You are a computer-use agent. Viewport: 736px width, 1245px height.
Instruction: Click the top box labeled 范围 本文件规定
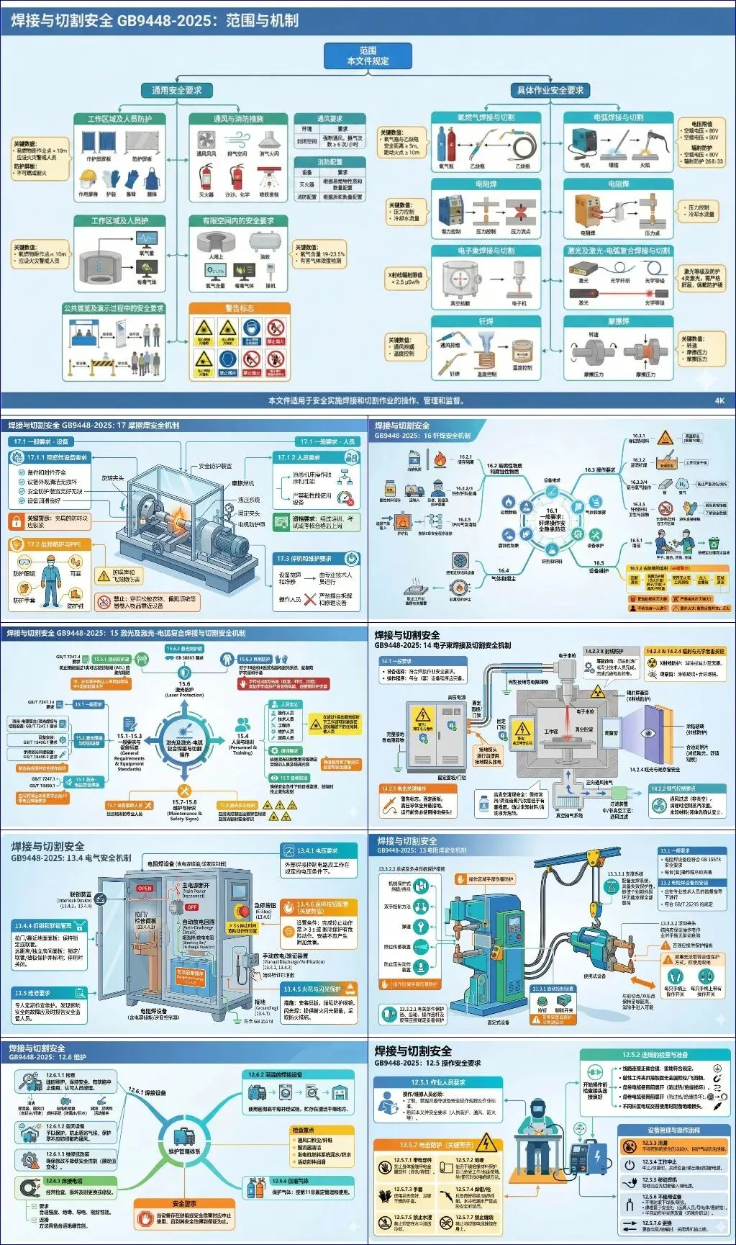368,55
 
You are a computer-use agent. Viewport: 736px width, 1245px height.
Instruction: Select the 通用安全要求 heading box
176,90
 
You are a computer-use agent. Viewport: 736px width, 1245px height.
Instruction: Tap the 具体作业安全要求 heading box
550,90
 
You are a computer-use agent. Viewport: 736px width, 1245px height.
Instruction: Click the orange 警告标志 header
240,308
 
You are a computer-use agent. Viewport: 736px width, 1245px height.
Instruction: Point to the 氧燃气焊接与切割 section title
486,117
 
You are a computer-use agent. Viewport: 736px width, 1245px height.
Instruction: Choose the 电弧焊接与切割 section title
618,117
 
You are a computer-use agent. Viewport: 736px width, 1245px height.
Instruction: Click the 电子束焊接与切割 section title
486,251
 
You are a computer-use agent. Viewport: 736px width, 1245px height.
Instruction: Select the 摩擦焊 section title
618,321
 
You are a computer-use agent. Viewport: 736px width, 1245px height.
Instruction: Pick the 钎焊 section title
486,321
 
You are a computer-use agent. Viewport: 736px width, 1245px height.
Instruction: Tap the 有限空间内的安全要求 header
238,220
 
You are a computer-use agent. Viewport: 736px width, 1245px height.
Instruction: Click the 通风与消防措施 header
238,119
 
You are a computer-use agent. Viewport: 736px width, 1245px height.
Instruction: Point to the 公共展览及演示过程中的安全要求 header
114,308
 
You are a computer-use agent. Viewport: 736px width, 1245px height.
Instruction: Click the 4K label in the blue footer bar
719,400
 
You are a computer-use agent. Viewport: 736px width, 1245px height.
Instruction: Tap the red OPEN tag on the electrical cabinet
145,889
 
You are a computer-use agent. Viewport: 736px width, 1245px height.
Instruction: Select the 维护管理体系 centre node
184,1151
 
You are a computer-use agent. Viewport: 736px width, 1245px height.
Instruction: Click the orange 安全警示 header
184,1203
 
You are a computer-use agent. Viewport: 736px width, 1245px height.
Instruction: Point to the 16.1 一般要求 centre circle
552,513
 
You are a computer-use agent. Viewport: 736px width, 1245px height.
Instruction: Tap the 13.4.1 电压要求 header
317,850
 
